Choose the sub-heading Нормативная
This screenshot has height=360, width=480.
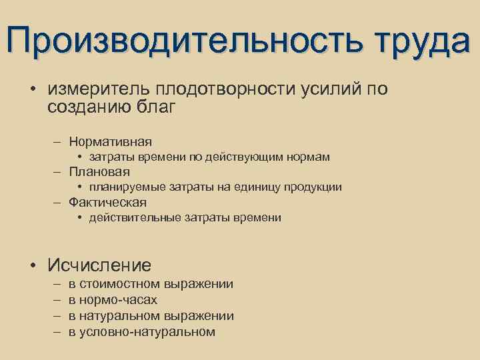click(x=111, y=141)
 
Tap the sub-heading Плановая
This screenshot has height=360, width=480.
click(x=99, y=172)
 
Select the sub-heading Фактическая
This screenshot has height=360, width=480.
click(x=107, y=202)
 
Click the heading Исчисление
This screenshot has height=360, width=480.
click(x=99, y=265)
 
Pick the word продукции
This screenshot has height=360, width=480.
click(x=313, y=187)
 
